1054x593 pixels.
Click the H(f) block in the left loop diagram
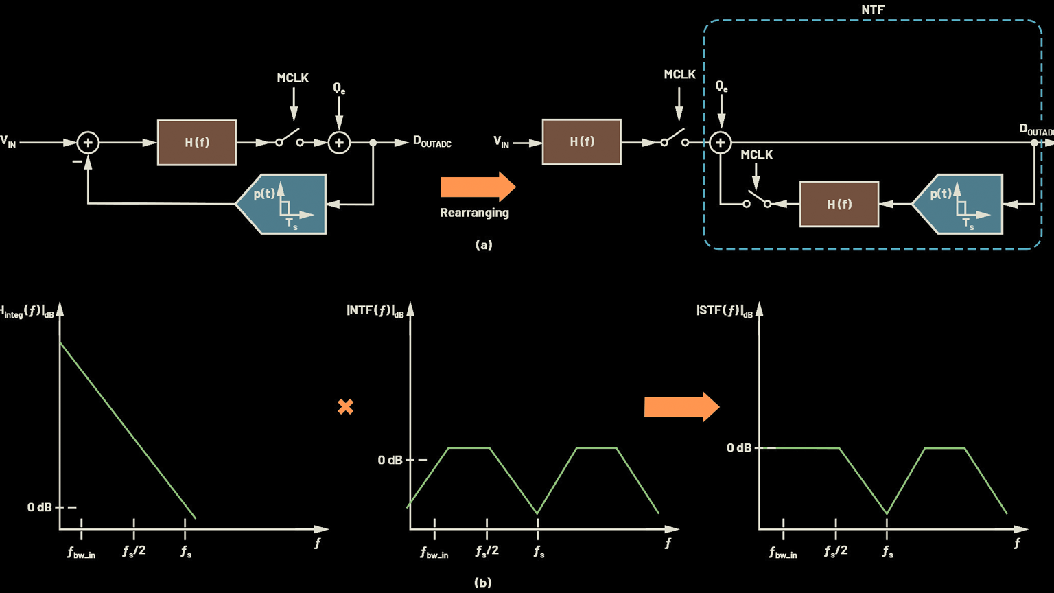pyautogui.click(x=197, y=143)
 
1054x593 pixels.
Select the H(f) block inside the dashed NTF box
pyautogui.click(x=839, y=205)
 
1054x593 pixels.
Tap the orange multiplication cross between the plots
pyautogui.click(x=346, y=407)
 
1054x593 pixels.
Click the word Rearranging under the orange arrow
pyautogui.click(x=474, y=213)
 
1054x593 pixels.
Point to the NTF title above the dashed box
pyautogui.click(x=872, y=10)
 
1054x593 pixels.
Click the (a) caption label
pyautogui.click(x=484, y=244)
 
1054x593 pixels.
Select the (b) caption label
pyautogui.click(x=483, y=583)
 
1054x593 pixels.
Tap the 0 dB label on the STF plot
pyautogui.click(x=739, y=448)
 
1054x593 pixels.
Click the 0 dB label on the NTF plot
pyautogui.click(x=390, y=460)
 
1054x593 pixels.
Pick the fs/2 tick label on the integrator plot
pyautogui.click(x=134, y=551)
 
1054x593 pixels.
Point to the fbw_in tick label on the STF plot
pyautogui.click(x=783, y=553)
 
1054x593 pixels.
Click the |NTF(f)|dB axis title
pyautogui.click(x=375, y=311)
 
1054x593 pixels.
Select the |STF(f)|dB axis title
pyautogui.click(x=725, y=311)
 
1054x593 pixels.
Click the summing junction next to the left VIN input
pyautogui.click(x=88, y=143)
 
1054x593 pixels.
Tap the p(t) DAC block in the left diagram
pyautogui.click(x=281, y=204)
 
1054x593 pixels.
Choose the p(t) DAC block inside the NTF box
pyautogui.click(x=958, y=204)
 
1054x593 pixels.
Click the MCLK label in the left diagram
pyautogui.click(x=293, y=78)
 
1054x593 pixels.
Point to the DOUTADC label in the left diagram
pyautogui.click(x=432, y=141)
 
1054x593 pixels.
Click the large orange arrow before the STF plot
pyautogui.click(x=681, y=407)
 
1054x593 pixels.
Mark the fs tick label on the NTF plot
pyautogui.click(x=539, y=552)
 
